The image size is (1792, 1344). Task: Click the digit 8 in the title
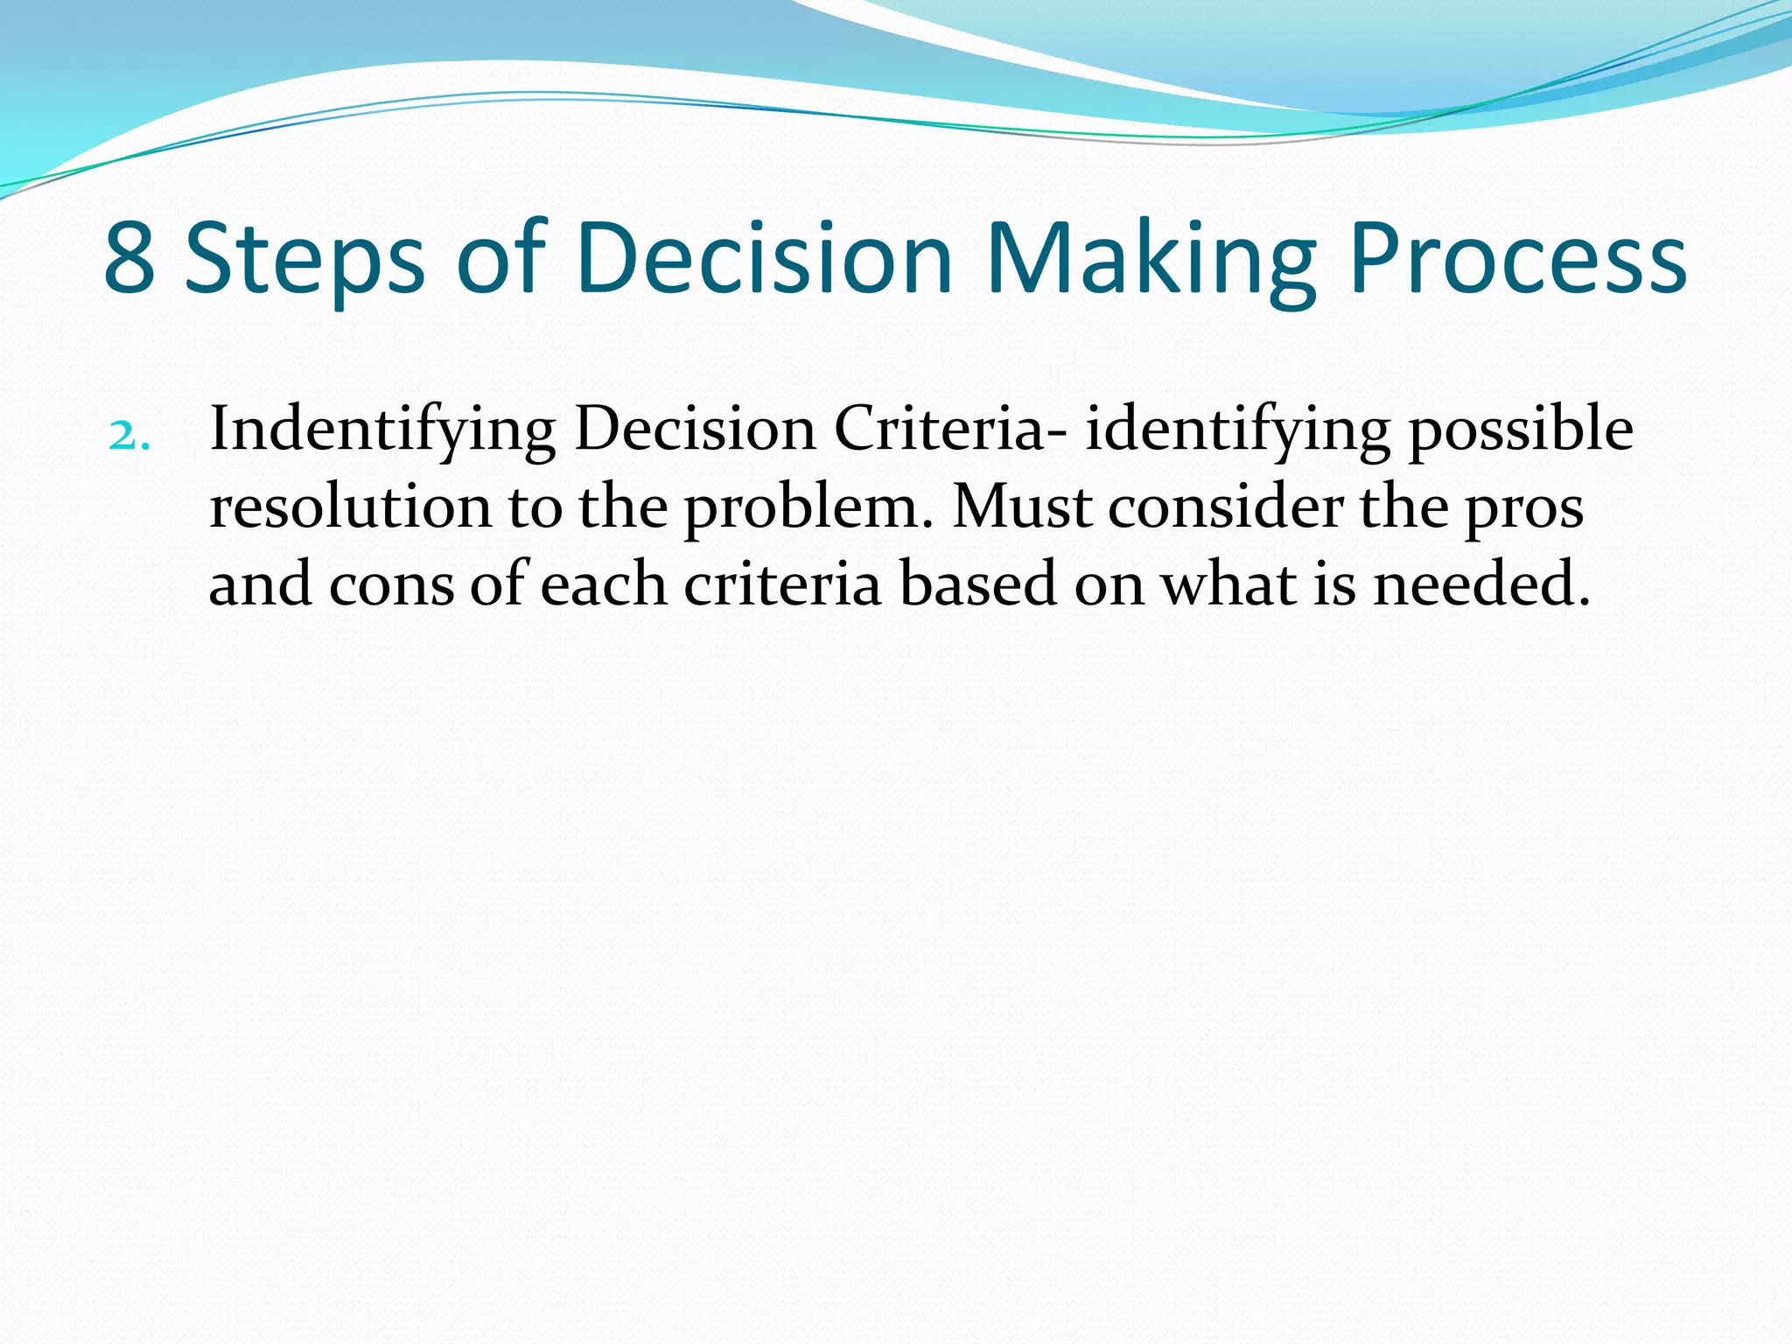(x=130, y=259)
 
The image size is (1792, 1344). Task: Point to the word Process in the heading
(x=1518, y=259)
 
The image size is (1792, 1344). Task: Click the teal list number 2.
(x=129, y=435)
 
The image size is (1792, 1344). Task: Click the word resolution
(x=350, y=507)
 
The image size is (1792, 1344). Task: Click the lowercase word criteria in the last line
(x=781, y=584)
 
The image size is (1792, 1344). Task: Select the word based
(x=978, y=584)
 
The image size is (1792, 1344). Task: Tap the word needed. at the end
(x=1480, y=584)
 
